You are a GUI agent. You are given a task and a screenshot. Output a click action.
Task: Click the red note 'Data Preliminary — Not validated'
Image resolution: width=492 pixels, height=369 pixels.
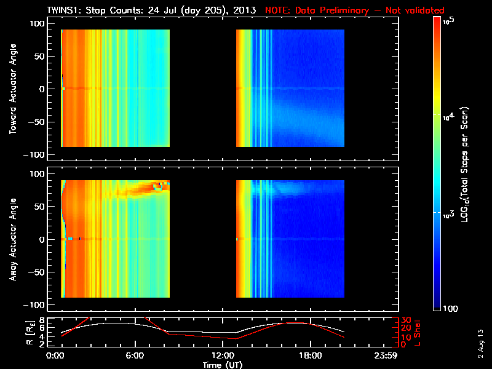[354, 10]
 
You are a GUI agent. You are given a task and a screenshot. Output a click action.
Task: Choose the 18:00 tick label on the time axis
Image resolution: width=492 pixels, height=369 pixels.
[309, 355]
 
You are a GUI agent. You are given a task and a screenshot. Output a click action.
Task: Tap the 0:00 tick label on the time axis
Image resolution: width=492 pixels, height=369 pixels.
[55, 355]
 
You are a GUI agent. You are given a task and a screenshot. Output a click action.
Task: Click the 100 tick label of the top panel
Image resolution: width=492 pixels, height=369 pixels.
[39, 23]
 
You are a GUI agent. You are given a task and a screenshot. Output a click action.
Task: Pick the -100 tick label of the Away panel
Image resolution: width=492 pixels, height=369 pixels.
[36, 305]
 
